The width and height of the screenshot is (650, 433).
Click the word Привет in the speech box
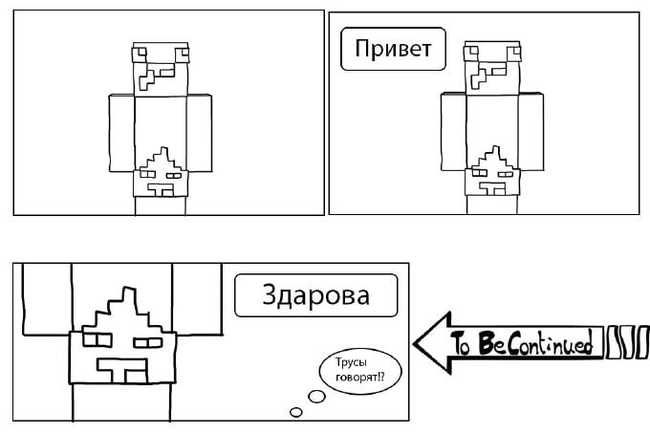point(393,49)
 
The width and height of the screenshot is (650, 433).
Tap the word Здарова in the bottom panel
point(314,295)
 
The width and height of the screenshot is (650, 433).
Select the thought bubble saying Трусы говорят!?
point(353,370)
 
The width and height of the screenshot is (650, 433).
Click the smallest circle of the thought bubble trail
point(295,412)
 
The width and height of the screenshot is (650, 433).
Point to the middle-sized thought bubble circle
point(315,397)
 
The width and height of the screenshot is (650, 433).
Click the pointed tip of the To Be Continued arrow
point(417,341)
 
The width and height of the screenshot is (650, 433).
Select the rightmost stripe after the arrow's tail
point(642,341)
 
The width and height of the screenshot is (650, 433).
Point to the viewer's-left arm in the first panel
point(121,132)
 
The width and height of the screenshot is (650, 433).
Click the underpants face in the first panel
point(161,175)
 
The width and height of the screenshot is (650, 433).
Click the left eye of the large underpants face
point(97,338)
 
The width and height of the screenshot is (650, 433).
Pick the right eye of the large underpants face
point(148,340)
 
